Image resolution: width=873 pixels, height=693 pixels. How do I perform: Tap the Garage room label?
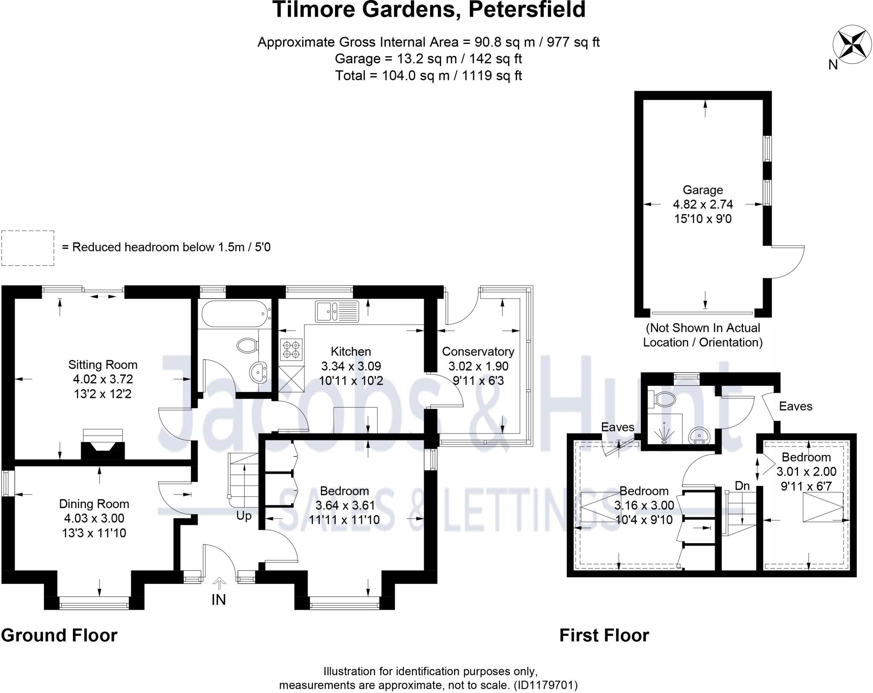point(702,190)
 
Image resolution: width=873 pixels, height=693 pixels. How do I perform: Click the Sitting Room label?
point(103,365)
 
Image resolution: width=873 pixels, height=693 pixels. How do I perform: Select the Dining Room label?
point(94,504)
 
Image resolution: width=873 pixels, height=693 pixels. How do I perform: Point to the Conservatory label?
point(478,351)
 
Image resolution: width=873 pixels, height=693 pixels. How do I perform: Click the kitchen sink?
point(337,311)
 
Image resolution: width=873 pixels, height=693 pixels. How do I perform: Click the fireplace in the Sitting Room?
point(103,445)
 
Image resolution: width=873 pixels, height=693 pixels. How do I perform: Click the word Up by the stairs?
point(244,516)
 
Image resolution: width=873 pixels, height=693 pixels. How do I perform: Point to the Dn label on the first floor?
point(742,486)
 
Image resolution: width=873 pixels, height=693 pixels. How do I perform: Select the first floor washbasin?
point(699,436)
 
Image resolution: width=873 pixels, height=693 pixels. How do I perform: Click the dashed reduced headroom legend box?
point(28,248)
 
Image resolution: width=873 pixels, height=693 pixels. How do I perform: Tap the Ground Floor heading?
point(59,635)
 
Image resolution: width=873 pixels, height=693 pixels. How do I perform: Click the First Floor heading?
point(604,635)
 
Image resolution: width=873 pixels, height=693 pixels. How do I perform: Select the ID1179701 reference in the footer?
point(546,685)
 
